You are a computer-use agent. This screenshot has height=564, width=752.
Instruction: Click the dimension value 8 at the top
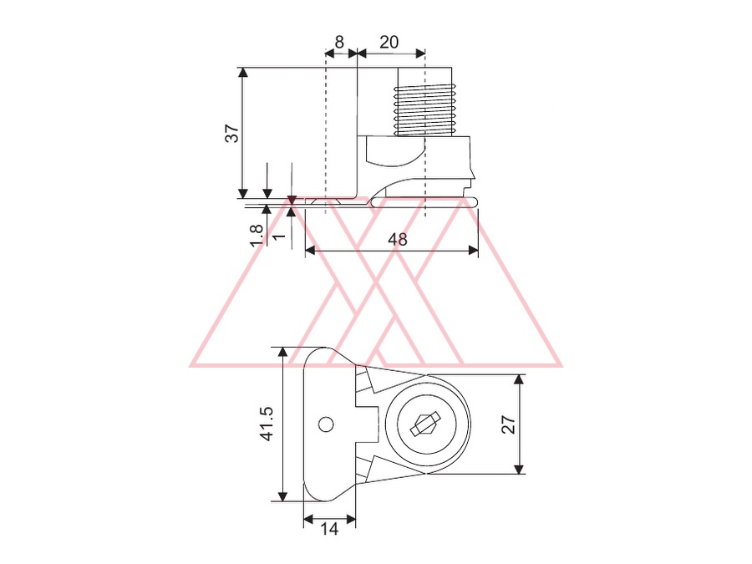(339, 43)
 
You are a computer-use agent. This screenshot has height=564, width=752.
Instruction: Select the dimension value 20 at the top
(389, 43)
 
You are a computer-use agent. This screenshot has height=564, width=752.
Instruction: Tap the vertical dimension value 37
(232, 133)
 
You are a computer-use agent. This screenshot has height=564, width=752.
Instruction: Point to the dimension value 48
(398, 239)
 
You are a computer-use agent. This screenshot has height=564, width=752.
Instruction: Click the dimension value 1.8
(257, 236)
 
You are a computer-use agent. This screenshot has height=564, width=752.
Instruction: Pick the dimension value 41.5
(267, 424)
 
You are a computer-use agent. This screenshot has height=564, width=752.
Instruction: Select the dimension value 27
(508, 425)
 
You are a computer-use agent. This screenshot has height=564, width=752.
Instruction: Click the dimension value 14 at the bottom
(329, 529)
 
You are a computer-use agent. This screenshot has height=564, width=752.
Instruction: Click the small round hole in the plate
(326, 424)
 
